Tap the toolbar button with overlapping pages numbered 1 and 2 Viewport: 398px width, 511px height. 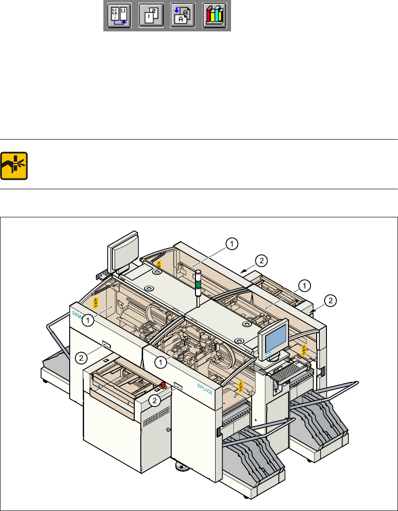tap(150, 16)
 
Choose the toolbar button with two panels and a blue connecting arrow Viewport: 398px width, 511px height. tap(118, 16)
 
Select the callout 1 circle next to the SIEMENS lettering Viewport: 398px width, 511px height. tap(87, 321)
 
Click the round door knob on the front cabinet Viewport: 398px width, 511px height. tap(168, 430)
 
